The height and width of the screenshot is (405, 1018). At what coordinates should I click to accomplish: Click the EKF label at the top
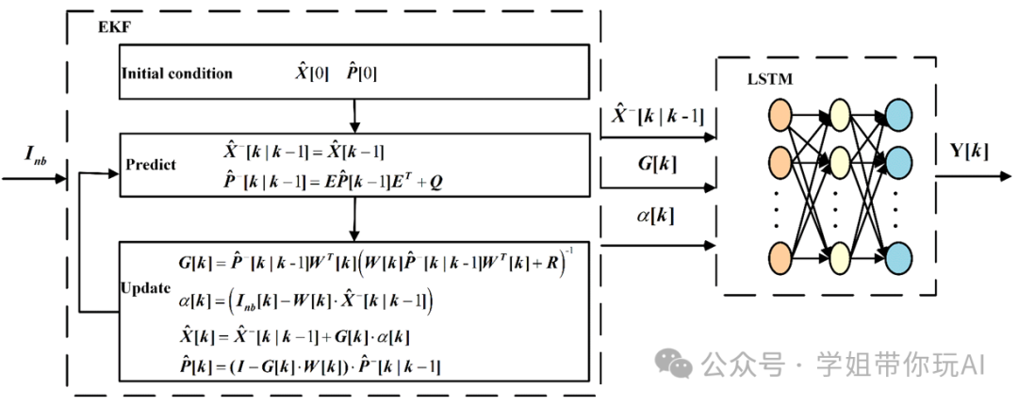tap(114, 25)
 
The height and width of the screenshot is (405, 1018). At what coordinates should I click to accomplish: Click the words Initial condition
tap(176, 73)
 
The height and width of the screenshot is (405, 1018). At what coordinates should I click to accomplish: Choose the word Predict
tap(151, 165)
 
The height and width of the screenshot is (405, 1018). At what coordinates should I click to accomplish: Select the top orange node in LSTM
tap(781, 115)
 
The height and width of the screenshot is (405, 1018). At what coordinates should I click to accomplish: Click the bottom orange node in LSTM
tap(781, 257)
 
